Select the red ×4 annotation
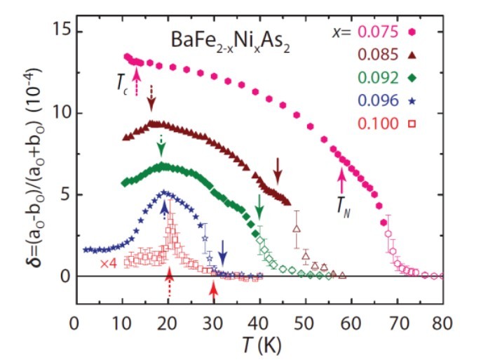110,263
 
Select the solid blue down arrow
222,250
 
